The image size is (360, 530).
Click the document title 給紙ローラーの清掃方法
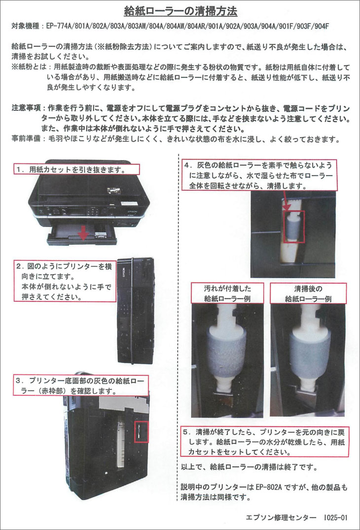pyautogui.click(x=180, y=11)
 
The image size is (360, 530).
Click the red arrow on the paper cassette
pyautogui.click(x=83, y=233)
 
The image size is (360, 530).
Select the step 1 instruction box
pyautogui.click(x=76, y=169)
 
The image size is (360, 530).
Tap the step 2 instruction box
pyautogui.click(x=65, y=281)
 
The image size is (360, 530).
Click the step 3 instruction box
pyautogui.click(x=81, y=385)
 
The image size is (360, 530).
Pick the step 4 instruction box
pyautogui.click(x=259, y=175)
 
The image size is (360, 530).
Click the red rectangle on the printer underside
pyautogui.click(x=142, y=431)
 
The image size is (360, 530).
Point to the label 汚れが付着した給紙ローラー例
pyautogui.click(x=227, y=293)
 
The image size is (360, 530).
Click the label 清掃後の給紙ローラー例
pyautogui.click(x=308, y=293)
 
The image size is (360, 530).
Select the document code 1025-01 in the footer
pyautogui.click(x=336, y=517)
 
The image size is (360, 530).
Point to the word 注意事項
pyautogui.click(x=26, y=108)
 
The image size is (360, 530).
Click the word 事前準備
pyautogui.click(x=26, y=139)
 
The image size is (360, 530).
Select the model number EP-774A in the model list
pyautogui.click(x=59, y=26)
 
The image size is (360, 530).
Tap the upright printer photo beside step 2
pyautogui.click(x=136, y=310)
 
